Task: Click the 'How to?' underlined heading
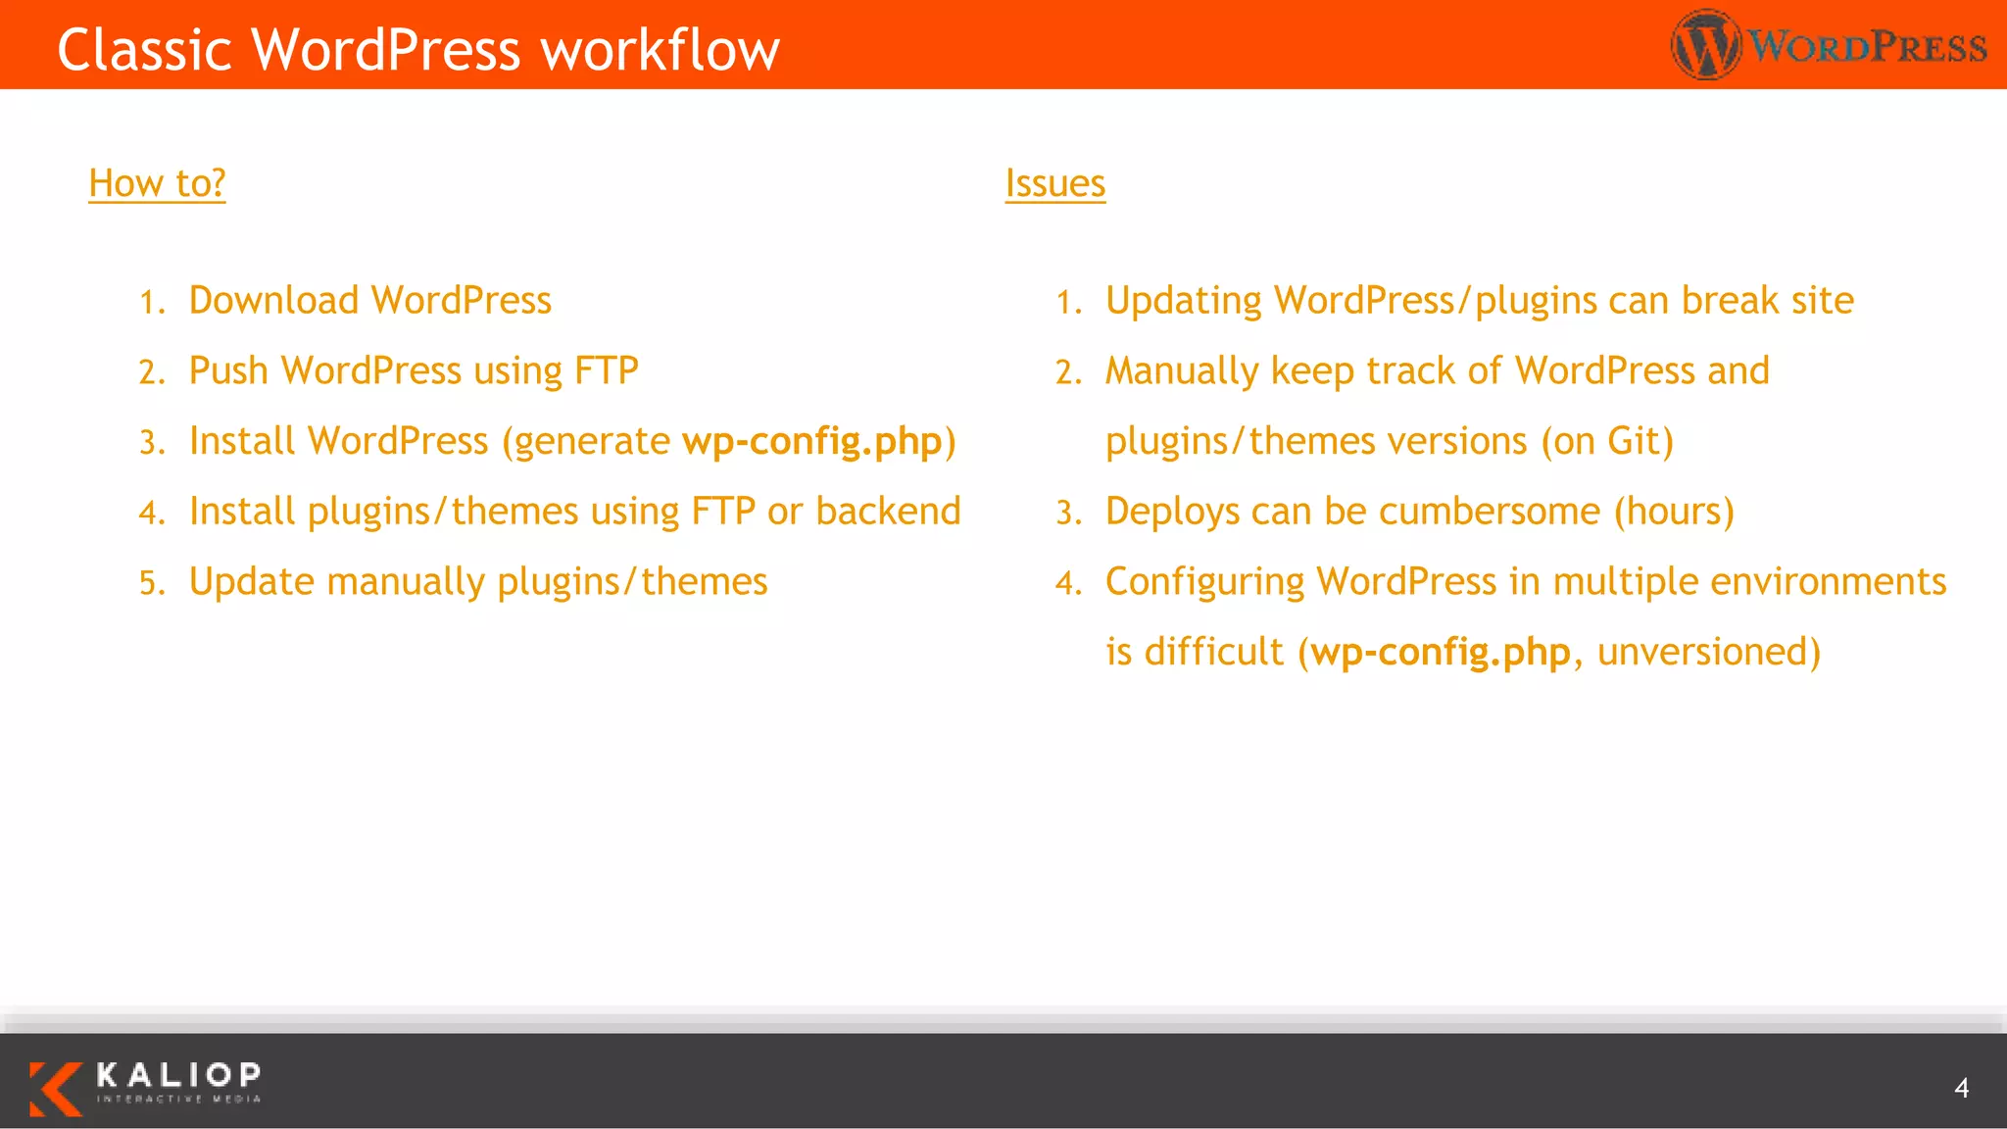[x=157, y=183]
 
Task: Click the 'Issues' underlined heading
[x=1054, y=183]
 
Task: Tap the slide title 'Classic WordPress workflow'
[x=418, y=50]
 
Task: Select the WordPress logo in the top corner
[x=1829, y=45]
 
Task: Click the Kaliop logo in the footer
[x=145, y=1088]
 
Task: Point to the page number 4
[x=1961, y=1088]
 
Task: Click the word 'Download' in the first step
[x=273, y=300]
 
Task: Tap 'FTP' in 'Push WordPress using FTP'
[x=606, y=370]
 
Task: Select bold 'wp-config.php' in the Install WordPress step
[x=811, y=441]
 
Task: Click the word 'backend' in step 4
[x=888, y=512]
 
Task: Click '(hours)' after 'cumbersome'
[x=1674, y=512]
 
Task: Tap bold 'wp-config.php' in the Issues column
[x=1441, y=652]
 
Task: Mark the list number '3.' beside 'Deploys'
[x=1068, y=513]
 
